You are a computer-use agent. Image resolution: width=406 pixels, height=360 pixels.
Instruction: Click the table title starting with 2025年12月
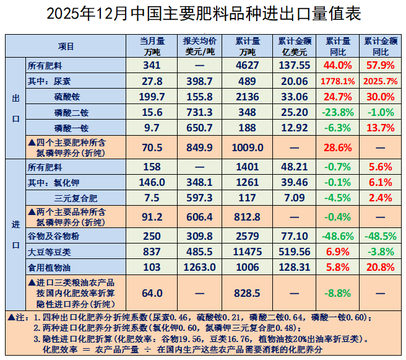point(204,14)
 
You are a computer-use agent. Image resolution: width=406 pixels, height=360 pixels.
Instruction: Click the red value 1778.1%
point(337,81)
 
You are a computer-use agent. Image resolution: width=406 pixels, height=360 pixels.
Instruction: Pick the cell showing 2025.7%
point(379,81)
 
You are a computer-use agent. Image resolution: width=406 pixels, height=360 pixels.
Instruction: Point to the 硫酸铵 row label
point(67,97)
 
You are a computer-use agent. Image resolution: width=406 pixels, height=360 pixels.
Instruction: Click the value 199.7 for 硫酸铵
point(153,97)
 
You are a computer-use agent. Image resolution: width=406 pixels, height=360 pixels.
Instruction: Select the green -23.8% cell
point(337,112)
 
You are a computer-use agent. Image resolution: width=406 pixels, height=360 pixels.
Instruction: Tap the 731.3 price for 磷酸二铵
point(199,112)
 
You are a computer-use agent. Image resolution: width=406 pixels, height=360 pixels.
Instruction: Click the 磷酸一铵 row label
point(67,128)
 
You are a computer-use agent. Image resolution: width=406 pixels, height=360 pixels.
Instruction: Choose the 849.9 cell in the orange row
point(199,147)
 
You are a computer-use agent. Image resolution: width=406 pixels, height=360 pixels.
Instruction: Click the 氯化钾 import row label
point(46,182)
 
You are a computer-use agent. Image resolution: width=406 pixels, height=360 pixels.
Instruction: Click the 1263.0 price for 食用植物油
point(199,267)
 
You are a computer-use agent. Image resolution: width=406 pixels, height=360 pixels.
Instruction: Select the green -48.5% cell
point(379,236)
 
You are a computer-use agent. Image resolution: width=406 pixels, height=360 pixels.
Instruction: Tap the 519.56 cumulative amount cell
point(294,252)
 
